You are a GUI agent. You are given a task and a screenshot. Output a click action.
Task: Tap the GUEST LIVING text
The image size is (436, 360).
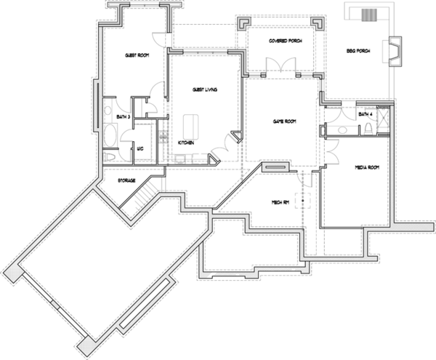(x=206, y=89)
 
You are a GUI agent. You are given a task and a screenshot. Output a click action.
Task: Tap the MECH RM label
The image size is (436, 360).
(x=280, y=201)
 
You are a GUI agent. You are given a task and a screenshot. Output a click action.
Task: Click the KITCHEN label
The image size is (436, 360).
(x=186, y=143)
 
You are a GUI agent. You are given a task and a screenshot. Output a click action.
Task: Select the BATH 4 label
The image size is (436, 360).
(x=365, y=114)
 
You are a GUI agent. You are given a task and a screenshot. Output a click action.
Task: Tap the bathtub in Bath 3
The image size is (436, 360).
(x=111, y=134)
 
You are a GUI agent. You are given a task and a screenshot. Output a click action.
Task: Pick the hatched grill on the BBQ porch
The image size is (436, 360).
(x=371, y=13)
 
